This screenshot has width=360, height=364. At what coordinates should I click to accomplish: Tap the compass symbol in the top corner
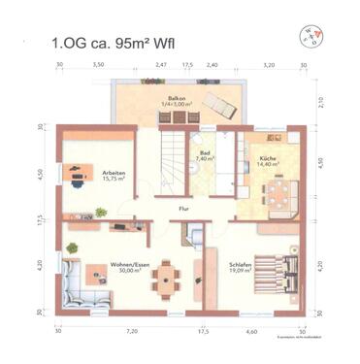(x=310, y=36)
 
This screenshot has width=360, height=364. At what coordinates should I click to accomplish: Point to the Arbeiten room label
(x=114, y=176)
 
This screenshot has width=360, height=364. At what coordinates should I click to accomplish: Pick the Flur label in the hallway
(x=181, y=208)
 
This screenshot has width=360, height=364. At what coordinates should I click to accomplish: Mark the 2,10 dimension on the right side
(x=322, y=100)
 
